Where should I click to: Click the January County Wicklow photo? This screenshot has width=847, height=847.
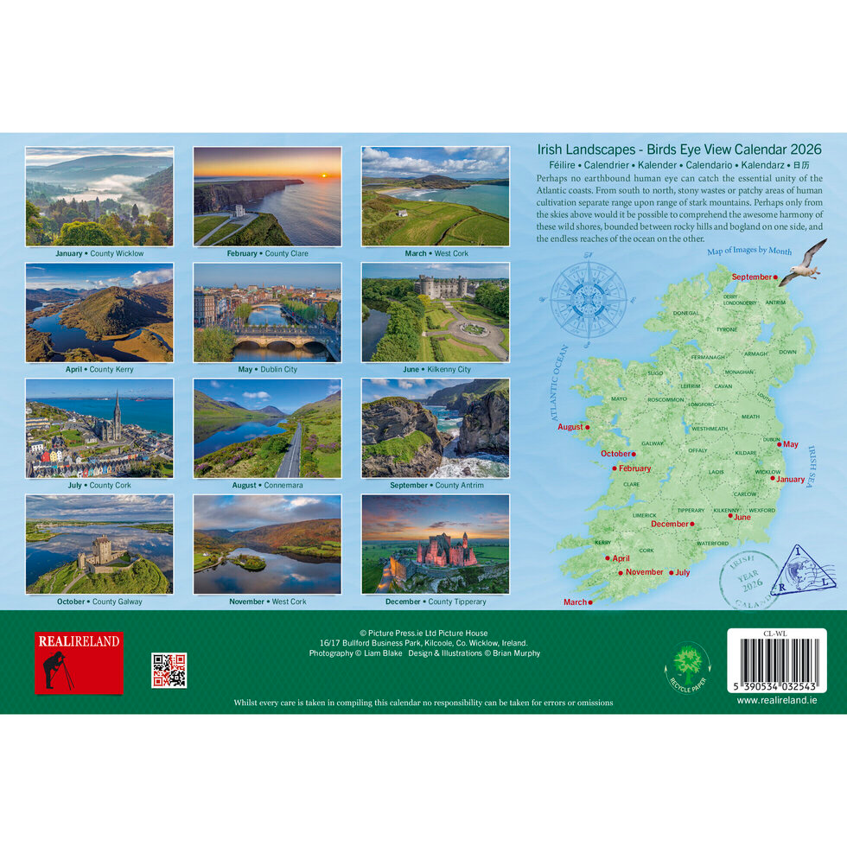99,196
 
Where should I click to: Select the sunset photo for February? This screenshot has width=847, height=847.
267,196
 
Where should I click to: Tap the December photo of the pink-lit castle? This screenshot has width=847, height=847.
435,544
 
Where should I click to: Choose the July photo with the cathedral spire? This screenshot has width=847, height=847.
99,428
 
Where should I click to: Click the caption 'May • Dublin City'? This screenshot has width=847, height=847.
267,370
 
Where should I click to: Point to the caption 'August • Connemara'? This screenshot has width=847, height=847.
267,486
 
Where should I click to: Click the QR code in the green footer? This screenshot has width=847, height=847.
169,670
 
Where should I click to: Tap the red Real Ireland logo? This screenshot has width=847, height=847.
79,663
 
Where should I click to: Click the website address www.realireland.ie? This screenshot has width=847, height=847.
776,700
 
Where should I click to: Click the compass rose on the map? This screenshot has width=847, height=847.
589,299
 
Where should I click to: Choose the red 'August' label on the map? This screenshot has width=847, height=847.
570,427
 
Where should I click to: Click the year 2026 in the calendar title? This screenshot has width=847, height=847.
803,150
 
